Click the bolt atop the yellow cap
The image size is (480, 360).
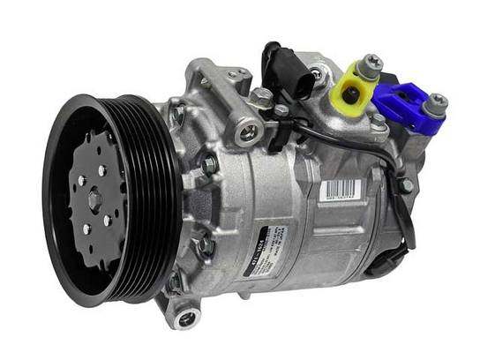click(x=372, y=61)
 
